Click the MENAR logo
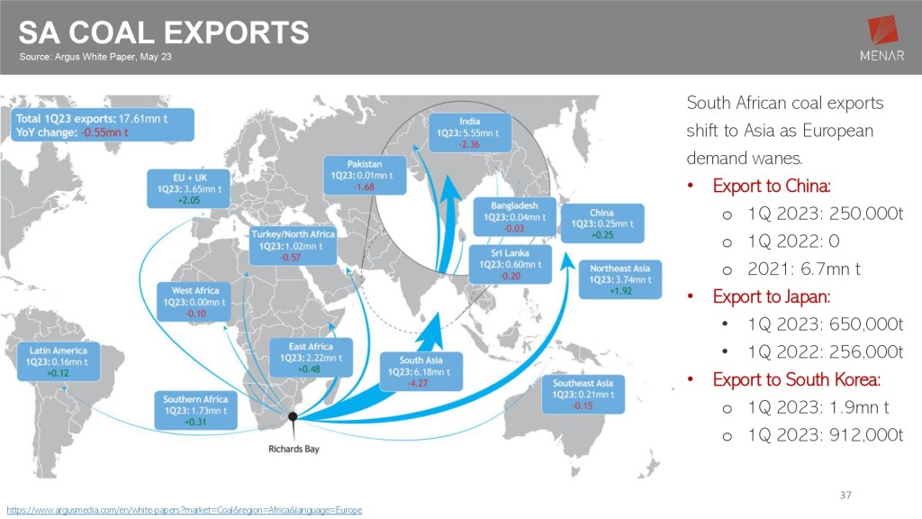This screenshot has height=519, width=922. [881, 38]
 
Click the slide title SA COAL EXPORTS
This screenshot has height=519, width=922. [164, 32]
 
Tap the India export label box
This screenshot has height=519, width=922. [470, 133]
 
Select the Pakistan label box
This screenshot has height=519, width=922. [365, 175]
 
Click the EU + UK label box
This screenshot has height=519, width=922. [188, 189]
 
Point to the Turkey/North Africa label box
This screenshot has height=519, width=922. [293, 245]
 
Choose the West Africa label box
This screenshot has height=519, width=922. [194, 302]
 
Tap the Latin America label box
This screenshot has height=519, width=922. [59, 361]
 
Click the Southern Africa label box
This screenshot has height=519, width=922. [195, 410]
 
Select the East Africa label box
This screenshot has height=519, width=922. [311, 358]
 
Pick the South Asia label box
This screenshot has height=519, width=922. [421, 371]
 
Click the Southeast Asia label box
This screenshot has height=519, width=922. [583, 395]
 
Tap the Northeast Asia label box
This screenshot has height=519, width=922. [620, 279]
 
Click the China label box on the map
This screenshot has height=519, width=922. [602, 223]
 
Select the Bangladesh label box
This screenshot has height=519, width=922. [514, 216]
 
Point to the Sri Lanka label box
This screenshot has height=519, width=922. [511, 264]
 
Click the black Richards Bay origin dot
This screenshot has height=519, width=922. [293, 416]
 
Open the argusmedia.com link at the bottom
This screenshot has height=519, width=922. [185, 510]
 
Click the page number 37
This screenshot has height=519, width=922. [845, 495]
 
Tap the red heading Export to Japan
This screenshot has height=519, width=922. [772, 296]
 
